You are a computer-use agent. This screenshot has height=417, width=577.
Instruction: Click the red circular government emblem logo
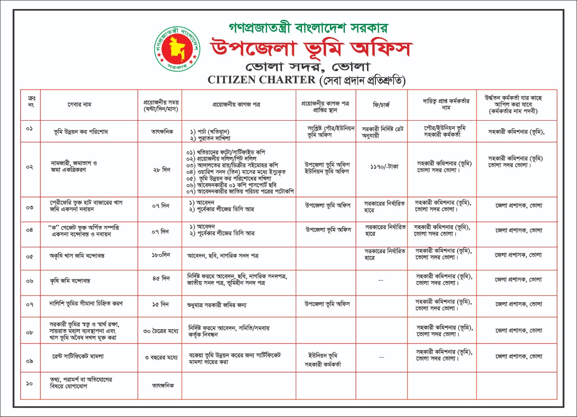pos(177,49)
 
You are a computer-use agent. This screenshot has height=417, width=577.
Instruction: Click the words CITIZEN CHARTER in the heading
pos(261,80)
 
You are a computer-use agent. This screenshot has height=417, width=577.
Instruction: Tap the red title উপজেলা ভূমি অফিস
pos(311,49)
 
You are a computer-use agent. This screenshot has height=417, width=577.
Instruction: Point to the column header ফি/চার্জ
pos(381,104)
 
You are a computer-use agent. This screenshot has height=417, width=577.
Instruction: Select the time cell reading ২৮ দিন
pos(160,169)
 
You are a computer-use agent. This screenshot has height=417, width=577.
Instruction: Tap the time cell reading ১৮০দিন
pos(160,255)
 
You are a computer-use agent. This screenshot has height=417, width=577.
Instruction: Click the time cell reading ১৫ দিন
pos(160,304)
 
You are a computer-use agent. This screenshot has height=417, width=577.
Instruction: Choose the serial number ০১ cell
pos(30,129)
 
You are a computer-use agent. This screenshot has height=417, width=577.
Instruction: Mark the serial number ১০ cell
pos(30,383)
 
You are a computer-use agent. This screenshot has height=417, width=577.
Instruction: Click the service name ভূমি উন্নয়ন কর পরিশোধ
pos(81,132)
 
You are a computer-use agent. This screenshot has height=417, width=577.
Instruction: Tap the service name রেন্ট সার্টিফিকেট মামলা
pos(78,356)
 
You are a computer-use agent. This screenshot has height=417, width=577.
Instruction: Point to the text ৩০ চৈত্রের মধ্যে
pos(160,331)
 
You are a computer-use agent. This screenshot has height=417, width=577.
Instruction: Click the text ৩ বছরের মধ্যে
pos(160,357)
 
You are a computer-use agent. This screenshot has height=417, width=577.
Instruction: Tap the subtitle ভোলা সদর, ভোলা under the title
pos(307,67)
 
